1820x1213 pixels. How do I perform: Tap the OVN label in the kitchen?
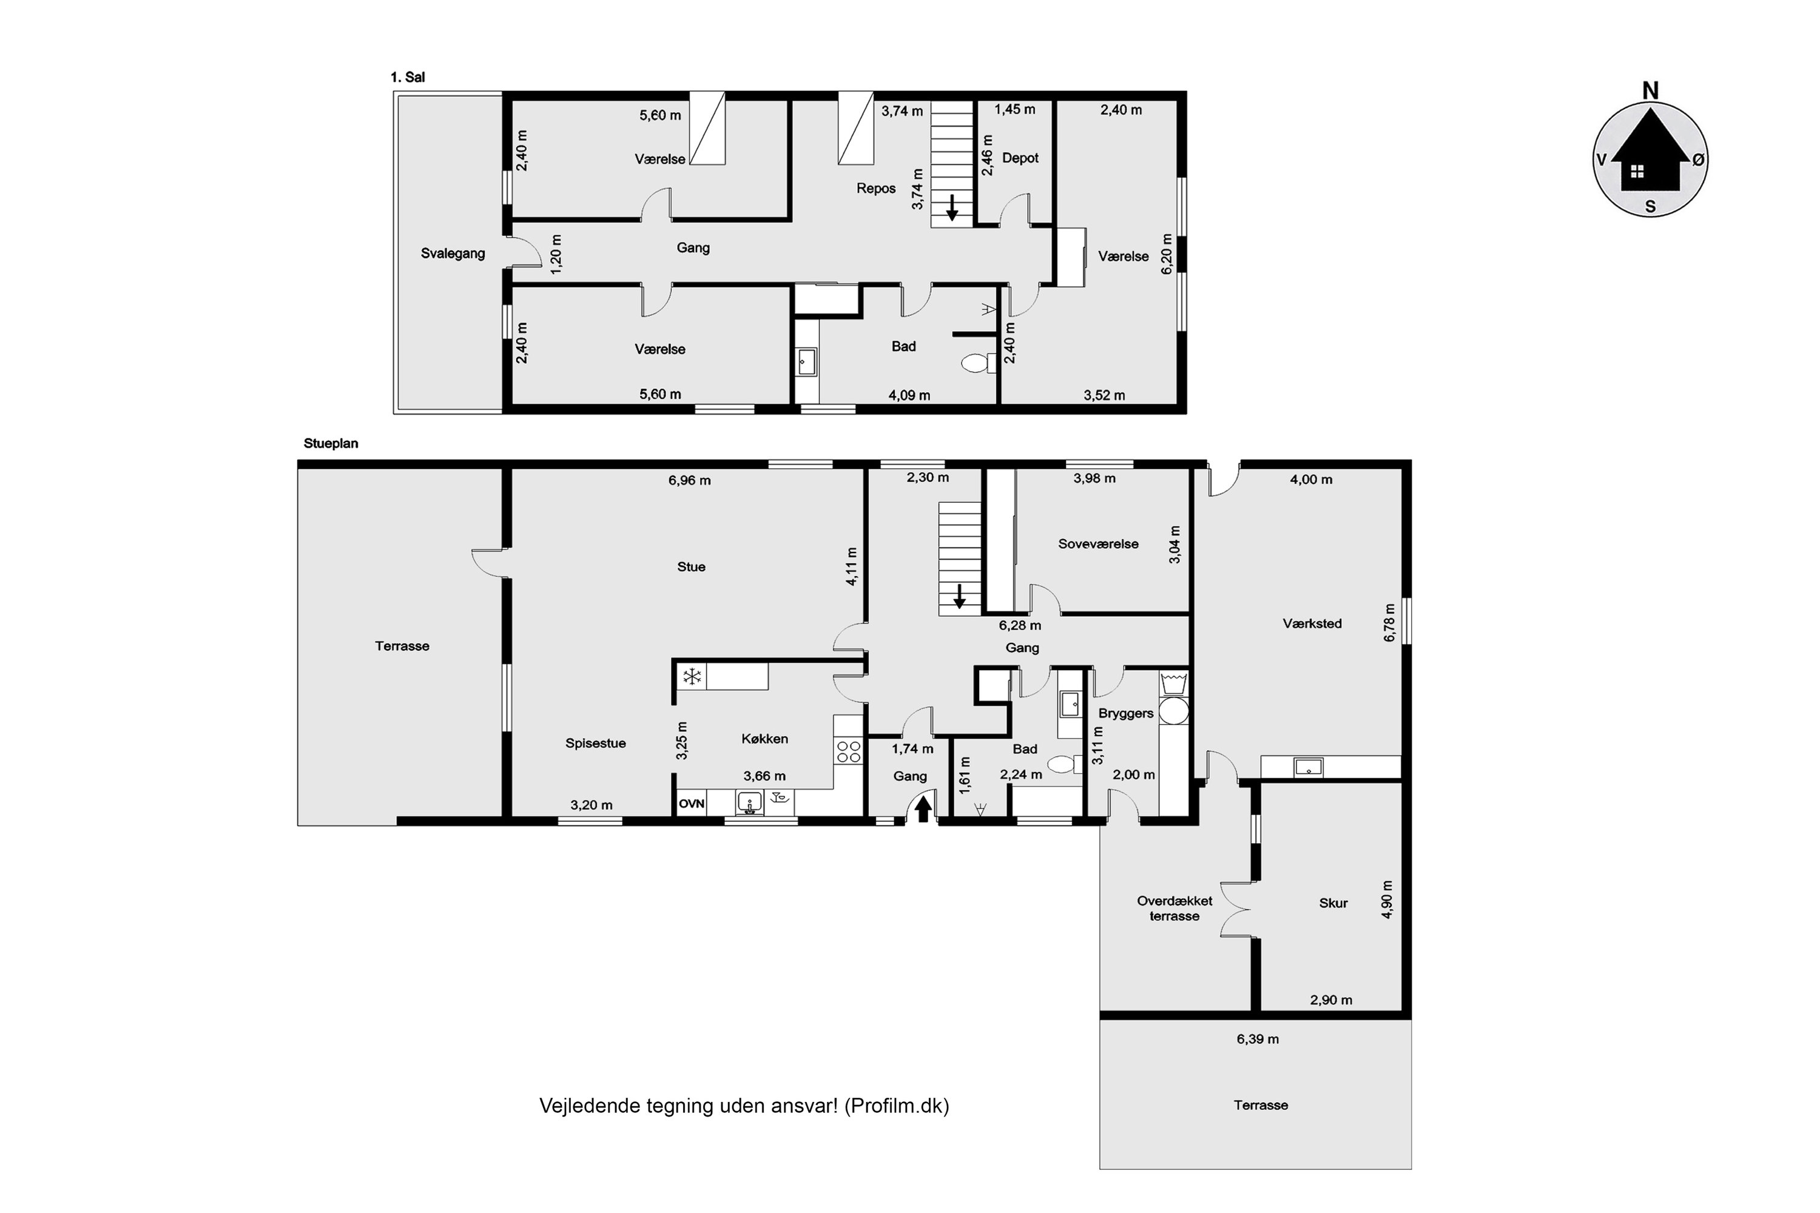click(x=691, y=804)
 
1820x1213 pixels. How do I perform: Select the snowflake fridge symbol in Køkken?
click(x=692, y=677)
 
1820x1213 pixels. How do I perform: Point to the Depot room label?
click(x=1020, y=158)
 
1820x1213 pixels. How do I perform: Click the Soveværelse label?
click(x=1098, y=544)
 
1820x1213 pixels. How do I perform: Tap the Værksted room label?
click(x=1312, y=623)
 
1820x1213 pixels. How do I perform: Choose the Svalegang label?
click(x=453, y=254)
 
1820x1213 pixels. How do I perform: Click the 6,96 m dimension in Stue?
click(x=689, y=480)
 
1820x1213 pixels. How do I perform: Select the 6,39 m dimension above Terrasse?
click(x=1258, y=1039)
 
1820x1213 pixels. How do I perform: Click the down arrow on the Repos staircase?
click(x=952, y=207)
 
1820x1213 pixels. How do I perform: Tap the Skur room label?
click(x=1333, y=903)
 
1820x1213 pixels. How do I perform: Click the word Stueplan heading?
click(x=331, y=444)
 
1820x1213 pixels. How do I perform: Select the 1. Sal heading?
click(x=407, y=78)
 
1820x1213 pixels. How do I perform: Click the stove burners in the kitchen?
click(x=848, y=751)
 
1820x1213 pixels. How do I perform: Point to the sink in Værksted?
click(x=1309, y=767)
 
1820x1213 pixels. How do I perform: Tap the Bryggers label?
click(x=1126, y=713)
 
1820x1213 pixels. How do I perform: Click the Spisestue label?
click(x=595, y=744)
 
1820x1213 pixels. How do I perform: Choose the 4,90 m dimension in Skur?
click(x=1387, y=899)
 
